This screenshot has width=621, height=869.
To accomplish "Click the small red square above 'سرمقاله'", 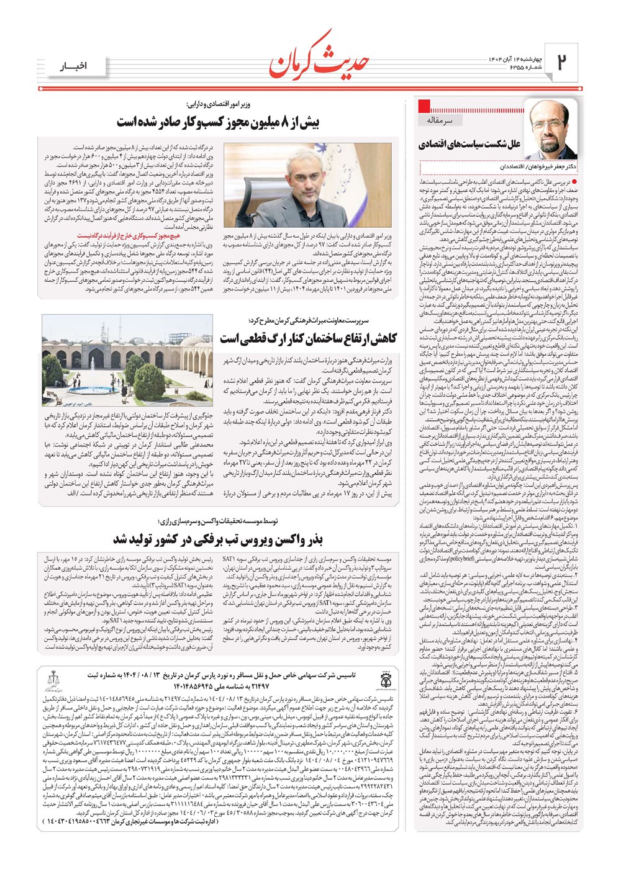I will (x=425, y=105).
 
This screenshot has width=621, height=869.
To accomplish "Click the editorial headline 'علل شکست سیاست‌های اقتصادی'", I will (x=469, y=145).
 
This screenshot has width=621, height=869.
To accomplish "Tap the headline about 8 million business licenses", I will (x=217, y=122).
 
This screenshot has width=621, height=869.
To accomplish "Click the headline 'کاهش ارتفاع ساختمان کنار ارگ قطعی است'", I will (x=308, y=338).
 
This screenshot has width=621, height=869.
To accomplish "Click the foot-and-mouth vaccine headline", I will (x=217, y=539).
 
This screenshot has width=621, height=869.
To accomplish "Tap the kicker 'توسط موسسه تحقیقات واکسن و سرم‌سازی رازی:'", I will (x=217, y=521).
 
